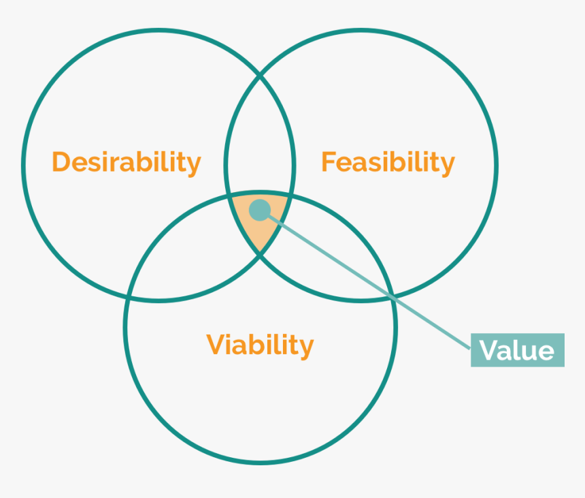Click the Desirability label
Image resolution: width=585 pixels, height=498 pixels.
pyautogui.click(x=127, y=163)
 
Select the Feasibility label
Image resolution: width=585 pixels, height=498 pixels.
pyautogui.click(x=388, y=163)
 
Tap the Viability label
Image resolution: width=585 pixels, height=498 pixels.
pyautogui.click(x=260, y=345)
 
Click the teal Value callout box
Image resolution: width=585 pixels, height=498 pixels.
pyautogui.click(x=517, y=350)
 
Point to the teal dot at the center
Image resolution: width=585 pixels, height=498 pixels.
pyautogui.click(x=259, y=209)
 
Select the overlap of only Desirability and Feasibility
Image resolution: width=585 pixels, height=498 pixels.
pyautogui.click(x=260, y=136)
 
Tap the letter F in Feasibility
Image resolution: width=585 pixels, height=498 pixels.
pyautogui.click(x=329, y=163)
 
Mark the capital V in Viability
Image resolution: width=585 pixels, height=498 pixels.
pyautogui.click(x=216, y=345)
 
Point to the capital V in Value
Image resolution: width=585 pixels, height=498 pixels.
pyautogui.click(x=489, y=350)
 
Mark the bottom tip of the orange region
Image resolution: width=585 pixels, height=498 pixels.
pyautogui.click(x=260, y=253)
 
